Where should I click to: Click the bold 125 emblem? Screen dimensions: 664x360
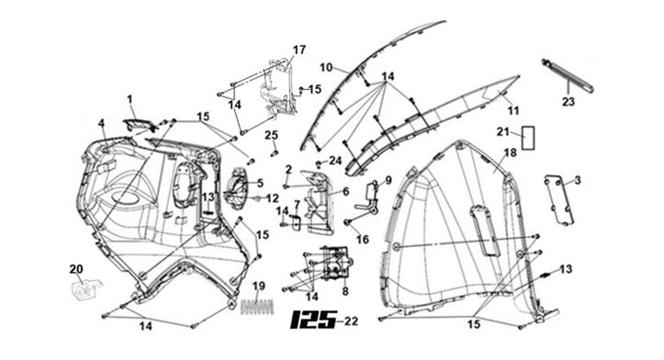pos(314,320)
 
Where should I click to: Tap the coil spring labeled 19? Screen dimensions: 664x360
pos(256,307)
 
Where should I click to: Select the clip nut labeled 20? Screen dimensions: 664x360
pos(84,289)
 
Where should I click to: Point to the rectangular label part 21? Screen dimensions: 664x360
pos(528,138)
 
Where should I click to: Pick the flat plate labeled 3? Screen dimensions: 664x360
pos(559,200)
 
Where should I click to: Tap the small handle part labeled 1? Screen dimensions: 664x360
pos(138,125)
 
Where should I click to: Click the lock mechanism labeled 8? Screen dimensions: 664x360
pos(335,263)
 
